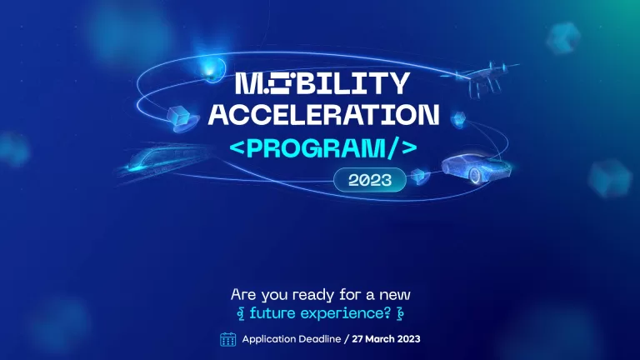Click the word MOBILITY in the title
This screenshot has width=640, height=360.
coord(322,83)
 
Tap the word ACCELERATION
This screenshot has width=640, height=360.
coord(323,115)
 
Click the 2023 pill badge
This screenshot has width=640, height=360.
coord(370,180)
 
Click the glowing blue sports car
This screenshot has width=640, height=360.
coord(476,168)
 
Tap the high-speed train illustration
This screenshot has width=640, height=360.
coord(163,160)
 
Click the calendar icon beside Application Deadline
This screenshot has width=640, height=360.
coord(227,339)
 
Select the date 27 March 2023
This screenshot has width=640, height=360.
coord(386,339)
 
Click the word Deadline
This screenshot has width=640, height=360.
coord(320,339)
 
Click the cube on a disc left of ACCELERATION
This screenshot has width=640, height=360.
coord(182,119)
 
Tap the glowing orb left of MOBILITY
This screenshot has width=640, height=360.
coord(212,69)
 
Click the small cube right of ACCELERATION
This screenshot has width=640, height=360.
coord(458,118)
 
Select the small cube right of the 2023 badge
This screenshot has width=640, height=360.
coord(420,177)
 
